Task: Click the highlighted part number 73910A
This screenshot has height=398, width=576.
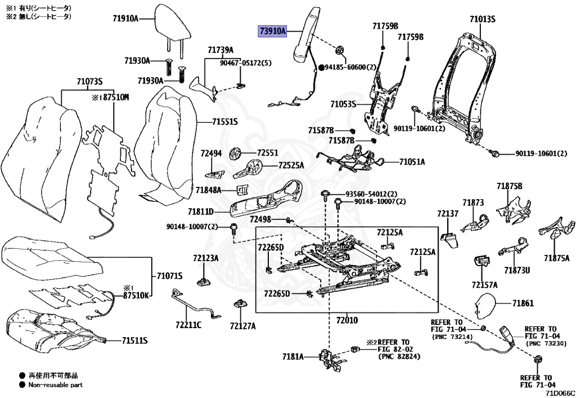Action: coord(273,32)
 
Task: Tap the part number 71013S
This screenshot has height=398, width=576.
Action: coord(482,19)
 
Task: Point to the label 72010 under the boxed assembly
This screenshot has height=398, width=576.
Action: coord(347,320)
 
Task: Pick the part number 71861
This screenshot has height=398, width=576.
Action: coord(523,303)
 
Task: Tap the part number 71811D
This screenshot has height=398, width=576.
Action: coord(201,212)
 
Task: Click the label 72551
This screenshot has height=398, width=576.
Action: coord(268,153)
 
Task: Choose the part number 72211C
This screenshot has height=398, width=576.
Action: coord(188,325)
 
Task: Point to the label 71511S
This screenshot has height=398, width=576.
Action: coord(134,341)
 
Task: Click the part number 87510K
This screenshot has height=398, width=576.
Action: coord(136,295)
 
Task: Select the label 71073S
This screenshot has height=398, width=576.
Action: coord(89,82)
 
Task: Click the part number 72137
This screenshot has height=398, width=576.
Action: coord(448,213)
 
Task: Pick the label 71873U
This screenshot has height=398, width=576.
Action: coord(517,270)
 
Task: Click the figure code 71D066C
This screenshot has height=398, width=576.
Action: coord(560,393)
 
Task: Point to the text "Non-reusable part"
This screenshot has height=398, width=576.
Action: coord(56,384)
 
